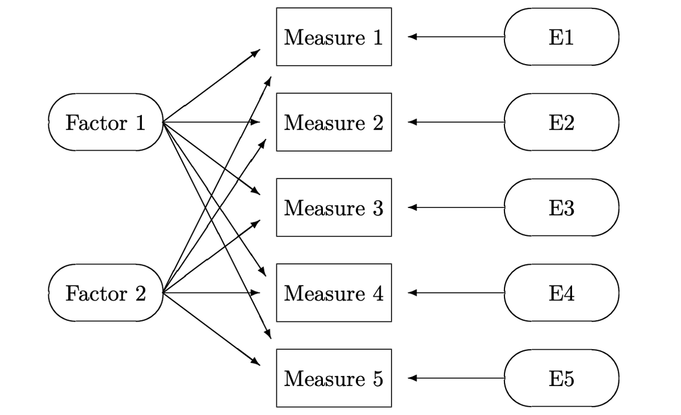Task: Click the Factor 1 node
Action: point(106,122)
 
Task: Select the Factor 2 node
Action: point(106,293)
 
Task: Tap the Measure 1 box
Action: point(334,37)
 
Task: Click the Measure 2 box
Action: point(334,122)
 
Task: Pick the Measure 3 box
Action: point(334,208)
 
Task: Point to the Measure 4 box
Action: point(334,293)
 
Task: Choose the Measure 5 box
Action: point(334,378)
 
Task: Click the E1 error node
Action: point(561,37)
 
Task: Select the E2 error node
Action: point(561,122)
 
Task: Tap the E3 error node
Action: point(561,208)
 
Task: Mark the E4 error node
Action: point(561,293)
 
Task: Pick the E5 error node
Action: point(561,378)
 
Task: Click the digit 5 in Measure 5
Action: point(378,378)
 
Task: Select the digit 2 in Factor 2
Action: point(140,293)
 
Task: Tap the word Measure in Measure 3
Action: point(325,208)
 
